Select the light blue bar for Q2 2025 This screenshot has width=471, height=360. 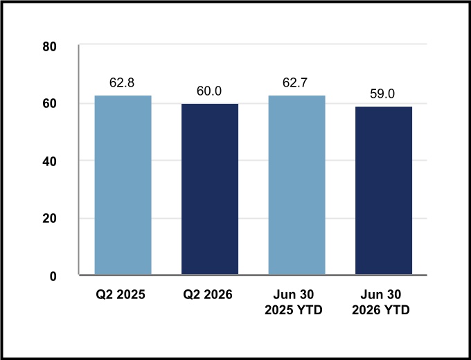pyautogui.click(x=123, y=185)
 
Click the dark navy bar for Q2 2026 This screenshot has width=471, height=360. pyautogui.click(x=210, y=189)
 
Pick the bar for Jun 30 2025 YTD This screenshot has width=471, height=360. pyautogui.click(x=296, y=185)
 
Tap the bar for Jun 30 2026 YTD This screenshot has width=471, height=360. pyautogui.click(x=384, y=190)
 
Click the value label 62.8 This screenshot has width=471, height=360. pyautogui.click(x=122, y=82)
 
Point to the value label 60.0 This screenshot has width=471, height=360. pyautogui.click(x=209, y=91)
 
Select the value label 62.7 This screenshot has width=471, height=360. pyautogui.click(x=295, y=82)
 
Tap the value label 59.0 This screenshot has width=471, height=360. pyautogui.click(x=382, y=93)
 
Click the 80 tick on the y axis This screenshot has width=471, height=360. pyautogui.click(x=49, y=47)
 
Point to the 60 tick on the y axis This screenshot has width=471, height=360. pyautogui.click(x=49, y=104)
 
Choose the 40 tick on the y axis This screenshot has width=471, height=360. pyautogui.click(x=49, y=162)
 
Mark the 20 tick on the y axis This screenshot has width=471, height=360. pyautogui.click(x=49, y=219)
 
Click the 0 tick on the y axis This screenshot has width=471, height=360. pyautogui.click(x=53, y=276)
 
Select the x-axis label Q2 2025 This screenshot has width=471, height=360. pyautogui.click(x=121, y=294)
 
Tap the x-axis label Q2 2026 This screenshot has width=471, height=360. pyautogui.click(x=208, y=294)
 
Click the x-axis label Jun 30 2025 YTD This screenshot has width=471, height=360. pyautogui.click(x=294, y=302)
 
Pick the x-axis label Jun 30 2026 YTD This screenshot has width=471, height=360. pyautogui.click(x=380, y=302)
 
